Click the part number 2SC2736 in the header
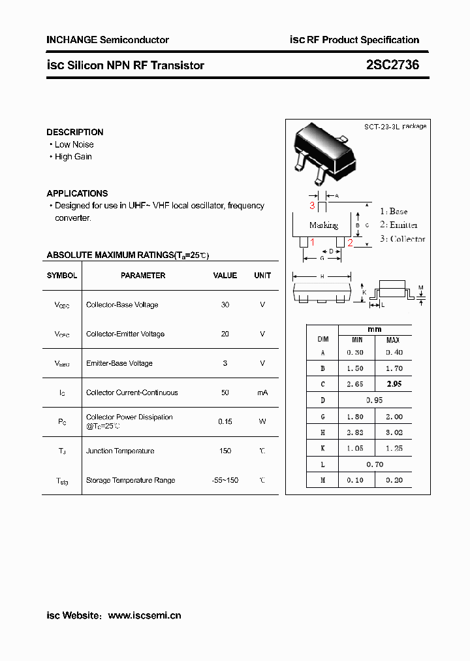pyautogui.click(x=392, y=65)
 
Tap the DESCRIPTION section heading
pyautogui.click(x=75, y=132)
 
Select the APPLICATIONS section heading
pyautogui.click(x=77, y=193)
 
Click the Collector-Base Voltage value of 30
pyautogui.click(x=225, y=305)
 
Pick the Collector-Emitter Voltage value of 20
pyautogui.click(x=225, y=334)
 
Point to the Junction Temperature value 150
pyautogui.click(x=225, y=451)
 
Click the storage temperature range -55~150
pyautogui.click(x=225, y=480)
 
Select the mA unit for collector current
pyautogui.click(x=262, y=393)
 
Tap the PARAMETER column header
pyautogui.click(x=143, y=276)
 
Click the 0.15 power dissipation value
pyautogui.click(x=225, y=422)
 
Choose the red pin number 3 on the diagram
pyautogui.click(x=313, y=206)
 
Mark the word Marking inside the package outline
pyautogui.click(x=323, y=225)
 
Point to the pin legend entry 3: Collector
pyautogui.click(x=402, y=239)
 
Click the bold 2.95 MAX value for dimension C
pyautogui.click(x=394, y=384)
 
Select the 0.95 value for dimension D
pyautogui.click(x=375, y=400)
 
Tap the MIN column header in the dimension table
pyautogui.click(x=357, y=340)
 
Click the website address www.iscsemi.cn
pyautogui.click(x=144, y=615)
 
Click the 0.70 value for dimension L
pyautogui.click(x=375, y=464)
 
